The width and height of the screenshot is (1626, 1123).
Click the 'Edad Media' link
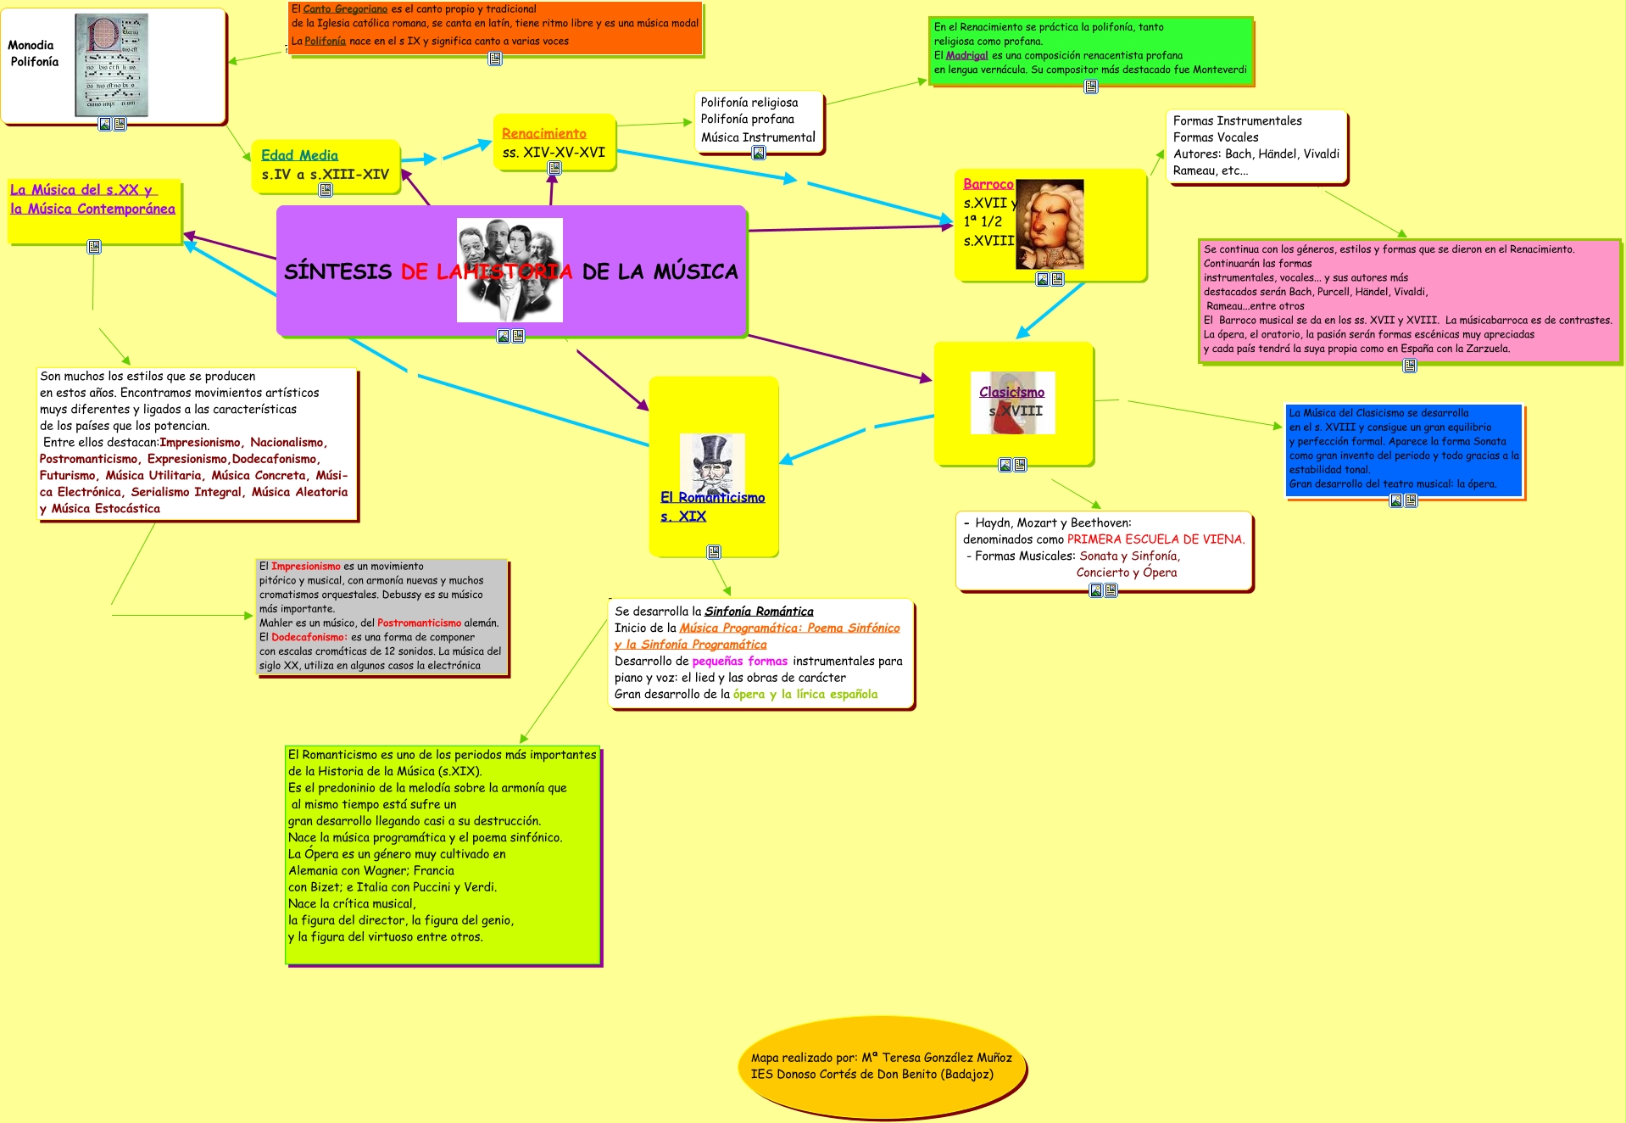click(x=299, y=155)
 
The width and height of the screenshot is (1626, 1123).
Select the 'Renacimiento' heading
click(x=543, y=133)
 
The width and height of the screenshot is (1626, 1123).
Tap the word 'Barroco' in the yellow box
click(x=988, y=184)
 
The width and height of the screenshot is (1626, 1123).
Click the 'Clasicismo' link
click(x=1011, y=392)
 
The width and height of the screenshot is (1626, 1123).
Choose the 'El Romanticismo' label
click(x=712, y=497)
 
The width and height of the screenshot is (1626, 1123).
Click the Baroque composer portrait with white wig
click(x=1049, y=224)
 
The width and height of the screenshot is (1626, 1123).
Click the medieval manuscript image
click(x=111, y=64)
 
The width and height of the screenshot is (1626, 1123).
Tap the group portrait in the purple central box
click(x=510, y=270)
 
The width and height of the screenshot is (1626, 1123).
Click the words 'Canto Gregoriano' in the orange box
click(x=345, y=9)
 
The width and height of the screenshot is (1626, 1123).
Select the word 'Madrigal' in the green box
click(x=966, y=56)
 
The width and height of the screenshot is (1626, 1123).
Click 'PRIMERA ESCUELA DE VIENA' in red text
click(x=1155, y=539)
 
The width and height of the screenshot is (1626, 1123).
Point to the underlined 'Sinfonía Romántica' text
click(x=759, y=612)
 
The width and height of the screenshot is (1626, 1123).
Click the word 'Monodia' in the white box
click(x=31, y=45)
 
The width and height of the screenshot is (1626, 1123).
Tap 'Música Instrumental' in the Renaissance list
click(x=758, y=137)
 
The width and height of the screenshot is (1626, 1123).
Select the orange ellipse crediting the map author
click(x=881, y=1066)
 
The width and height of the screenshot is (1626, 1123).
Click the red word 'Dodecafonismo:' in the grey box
click(x=309, y=638)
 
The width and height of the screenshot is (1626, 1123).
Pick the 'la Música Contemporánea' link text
click(x=92, y=209)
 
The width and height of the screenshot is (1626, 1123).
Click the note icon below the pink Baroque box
click(x=1410, y=366)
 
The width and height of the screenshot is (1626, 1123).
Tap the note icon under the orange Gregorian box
click(x=495, y=59)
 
